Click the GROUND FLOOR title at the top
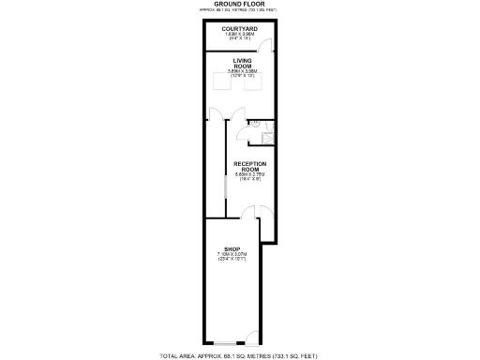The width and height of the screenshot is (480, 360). click(240, 4)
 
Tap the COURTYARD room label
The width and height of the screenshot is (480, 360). click(240, 29)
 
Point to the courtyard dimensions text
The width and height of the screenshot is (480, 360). click(240, 38)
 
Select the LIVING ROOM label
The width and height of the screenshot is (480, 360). click(240, 63)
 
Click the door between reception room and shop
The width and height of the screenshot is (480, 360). click(264, 221)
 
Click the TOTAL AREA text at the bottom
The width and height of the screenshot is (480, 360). click(240, 355)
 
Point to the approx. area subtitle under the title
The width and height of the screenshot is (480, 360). click(240, 9)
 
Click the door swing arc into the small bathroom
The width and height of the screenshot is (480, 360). click(244, 132)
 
